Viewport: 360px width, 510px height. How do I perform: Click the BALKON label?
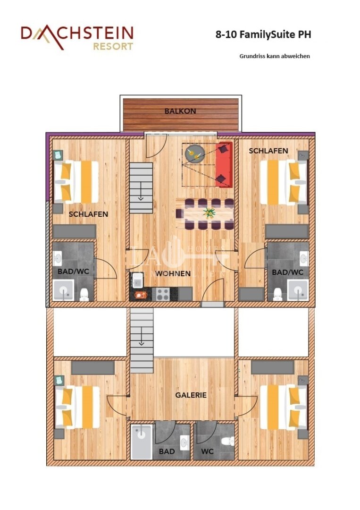tap(180, 111)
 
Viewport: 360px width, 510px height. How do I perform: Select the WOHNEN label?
tap(174, 273)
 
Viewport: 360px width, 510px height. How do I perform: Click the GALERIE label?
tap(191, 395)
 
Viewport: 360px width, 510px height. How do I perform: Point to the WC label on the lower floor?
tap(207, 451)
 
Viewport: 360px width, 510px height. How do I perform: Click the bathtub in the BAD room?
tap(141, 442)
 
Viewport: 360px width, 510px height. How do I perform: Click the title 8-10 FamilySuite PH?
tap(263, 34)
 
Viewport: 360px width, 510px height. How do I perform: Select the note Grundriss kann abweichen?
tap(275, 56)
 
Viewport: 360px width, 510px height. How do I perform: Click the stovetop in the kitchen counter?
tap(163, 294)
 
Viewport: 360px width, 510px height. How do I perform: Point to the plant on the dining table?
tap(208, 212)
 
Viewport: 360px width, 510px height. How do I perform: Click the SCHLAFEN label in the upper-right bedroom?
tap(268, 151)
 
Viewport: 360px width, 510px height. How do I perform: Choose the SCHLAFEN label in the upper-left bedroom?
tap(88, 214)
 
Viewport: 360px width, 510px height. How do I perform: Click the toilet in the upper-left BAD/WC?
tap(84, 295)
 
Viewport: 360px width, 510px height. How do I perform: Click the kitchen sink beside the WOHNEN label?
tap(138, 280)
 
